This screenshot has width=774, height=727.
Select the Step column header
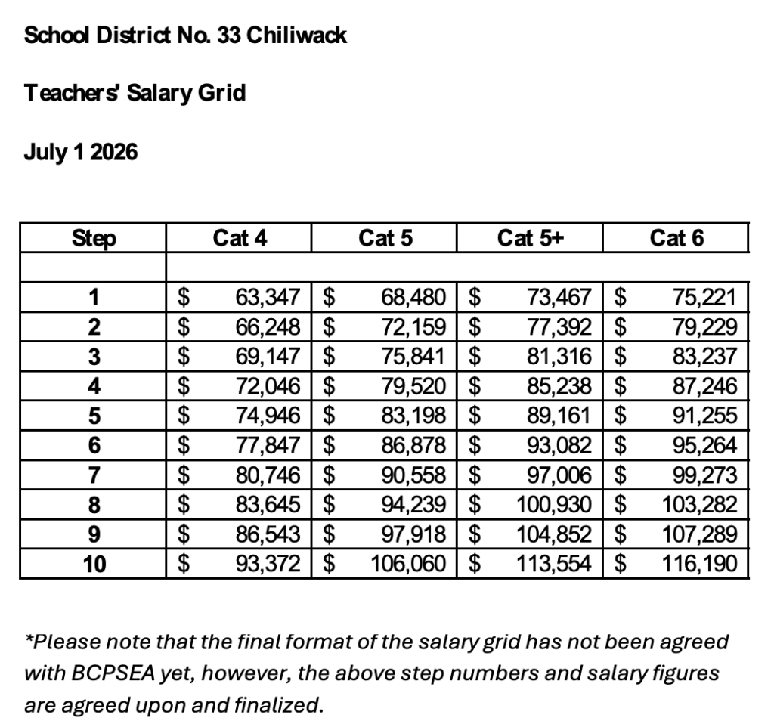[x=94, y=239]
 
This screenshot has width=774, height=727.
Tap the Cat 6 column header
[x=676, y=239]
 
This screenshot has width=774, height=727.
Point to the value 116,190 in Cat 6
[x=699, y=563]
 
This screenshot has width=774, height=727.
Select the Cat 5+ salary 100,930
[x=554, y=504]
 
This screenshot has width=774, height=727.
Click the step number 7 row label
[x=94, y=475]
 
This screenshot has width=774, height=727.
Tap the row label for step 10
[x=94, y=563]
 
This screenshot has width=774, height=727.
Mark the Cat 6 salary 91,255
[x=704, y=416]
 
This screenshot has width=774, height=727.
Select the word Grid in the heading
[x=224, y=94]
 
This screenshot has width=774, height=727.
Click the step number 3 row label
[x=94, y=356]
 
